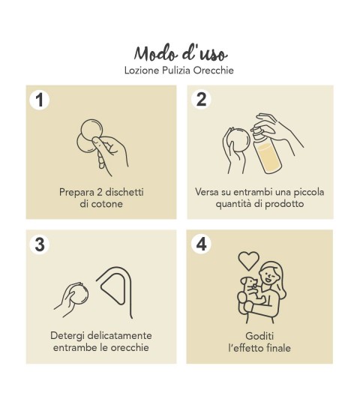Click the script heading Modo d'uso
(x=180, y=54)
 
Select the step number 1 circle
(x=40, y=100)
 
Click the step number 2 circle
(x=201, y=99)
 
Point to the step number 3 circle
(x=40, y=244)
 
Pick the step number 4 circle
(x=201, y=244)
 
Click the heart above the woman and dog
(x=248, y=260)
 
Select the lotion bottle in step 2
(x=267, y=150)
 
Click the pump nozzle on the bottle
(x=257, y=131)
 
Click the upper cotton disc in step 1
(x=91, y=129)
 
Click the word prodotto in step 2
(x=284, y=204)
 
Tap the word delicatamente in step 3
(x=119, y=336)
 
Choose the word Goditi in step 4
(x=259, y=336)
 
